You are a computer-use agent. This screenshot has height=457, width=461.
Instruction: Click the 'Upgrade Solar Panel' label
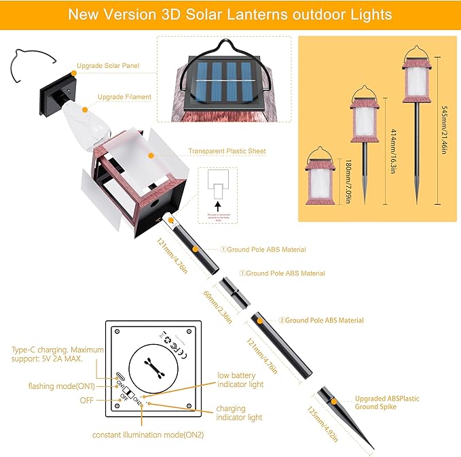(109, 66)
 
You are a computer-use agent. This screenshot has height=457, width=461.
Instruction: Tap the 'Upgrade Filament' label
(124, 97)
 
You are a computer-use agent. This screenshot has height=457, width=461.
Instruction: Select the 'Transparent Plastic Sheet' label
(227, 152)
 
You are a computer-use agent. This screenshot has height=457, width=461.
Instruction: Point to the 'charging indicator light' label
(239, 413)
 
